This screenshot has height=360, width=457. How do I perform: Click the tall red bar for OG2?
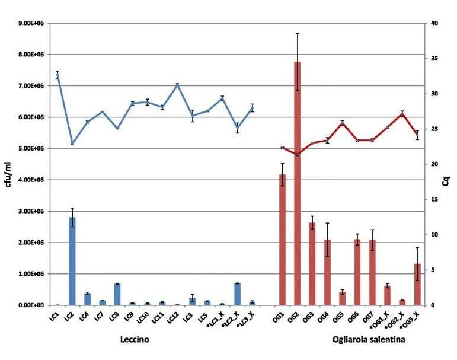coord(297,183)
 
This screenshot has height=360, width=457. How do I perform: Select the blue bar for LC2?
coord(72,261)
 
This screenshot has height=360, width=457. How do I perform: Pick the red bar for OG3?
coord(312,264)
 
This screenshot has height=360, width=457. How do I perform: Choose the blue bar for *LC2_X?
coord(237,294)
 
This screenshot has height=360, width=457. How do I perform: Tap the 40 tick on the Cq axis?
coord(434,23)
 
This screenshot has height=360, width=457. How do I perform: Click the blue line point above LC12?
coord(177,85)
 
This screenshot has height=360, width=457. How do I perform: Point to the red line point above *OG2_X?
coord(402,113)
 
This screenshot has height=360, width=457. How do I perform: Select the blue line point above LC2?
coord(72,144)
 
